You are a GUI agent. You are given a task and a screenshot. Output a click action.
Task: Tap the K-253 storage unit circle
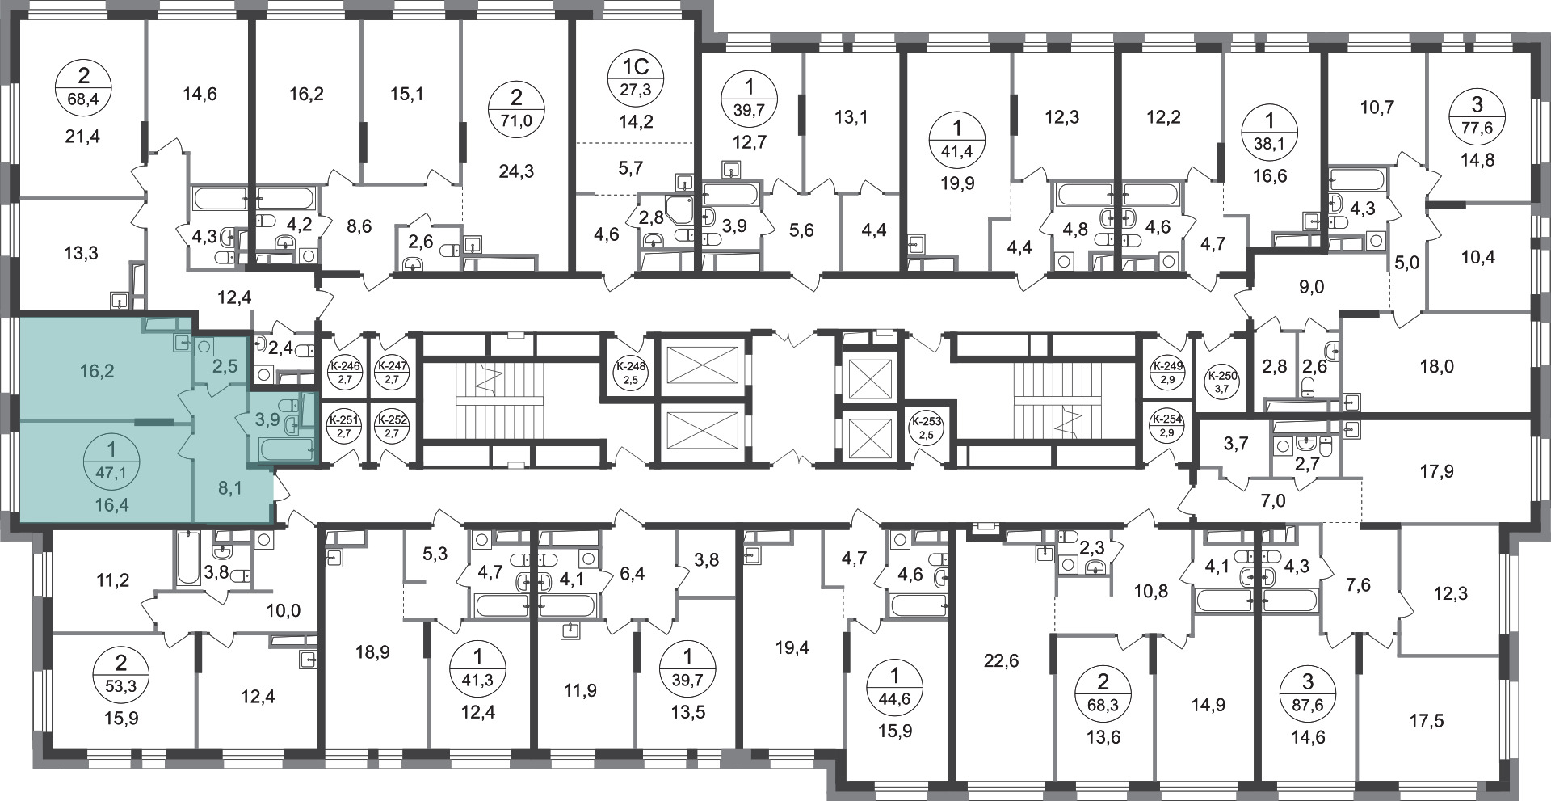point(927,427)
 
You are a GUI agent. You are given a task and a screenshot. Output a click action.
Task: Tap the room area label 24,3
point(517,171)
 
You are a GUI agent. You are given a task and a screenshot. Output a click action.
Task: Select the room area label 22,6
point(1002,661)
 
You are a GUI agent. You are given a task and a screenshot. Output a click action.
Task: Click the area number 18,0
point(1436,366)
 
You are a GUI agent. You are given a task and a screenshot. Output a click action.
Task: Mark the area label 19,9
point(958,183)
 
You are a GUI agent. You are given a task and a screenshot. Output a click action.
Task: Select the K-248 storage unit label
point(630,372)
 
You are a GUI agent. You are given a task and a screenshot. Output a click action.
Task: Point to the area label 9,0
point(1312,286)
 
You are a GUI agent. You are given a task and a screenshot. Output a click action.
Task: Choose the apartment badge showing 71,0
point(517,112)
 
